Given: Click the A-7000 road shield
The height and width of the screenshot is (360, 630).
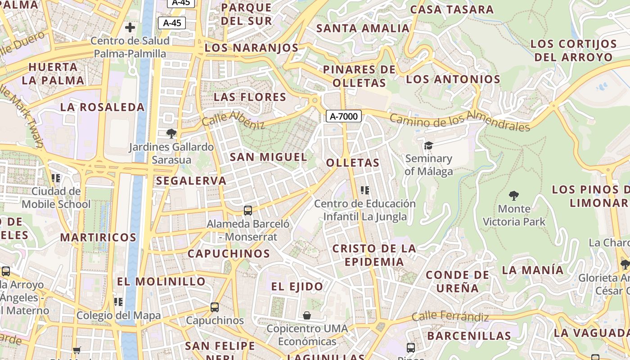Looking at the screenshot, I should pyautogui.click(x=344, y=117).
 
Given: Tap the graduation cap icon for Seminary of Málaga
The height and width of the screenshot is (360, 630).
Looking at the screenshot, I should pyautogui.click(x=428, y=145).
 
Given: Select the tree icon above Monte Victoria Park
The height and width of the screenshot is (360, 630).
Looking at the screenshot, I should pyautogui.click(x=513, y=196).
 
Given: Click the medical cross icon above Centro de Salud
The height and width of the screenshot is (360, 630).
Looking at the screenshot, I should pyautogui.click(x=130, y=27).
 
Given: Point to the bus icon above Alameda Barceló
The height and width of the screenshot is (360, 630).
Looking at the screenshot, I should pyautogui.click(x=247, y=210).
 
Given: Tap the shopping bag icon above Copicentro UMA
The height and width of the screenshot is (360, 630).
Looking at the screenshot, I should pyautogui.click(x=307, y=315).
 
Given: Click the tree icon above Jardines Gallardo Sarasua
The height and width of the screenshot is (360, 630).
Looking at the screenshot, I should pyautogui.click(x=171, y=133).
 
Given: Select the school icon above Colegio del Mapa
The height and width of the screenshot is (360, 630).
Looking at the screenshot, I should pyautogui.click(x=118, y=301).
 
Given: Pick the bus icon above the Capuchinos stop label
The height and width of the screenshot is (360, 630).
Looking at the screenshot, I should pyautogui.click(x=215, y=307).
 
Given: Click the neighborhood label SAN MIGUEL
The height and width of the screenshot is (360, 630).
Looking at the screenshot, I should pyautogui.click(x=269, y=157).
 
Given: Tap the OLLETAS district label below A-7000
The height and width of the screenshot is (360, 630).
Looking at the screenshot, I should pyautogui.click(x=353, y=162).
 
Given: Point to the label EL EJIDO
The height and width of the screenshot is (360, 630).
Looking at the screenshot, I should pyautogui.click(x=297, y=286).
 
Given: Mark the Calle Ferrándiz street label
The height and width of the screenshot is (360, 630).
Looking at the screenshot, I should pyautogui.click(x=450, y=317).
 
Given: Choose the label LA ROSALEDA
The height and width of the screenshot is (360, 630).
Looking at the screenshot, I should pyautogui.click(x=103, y=107).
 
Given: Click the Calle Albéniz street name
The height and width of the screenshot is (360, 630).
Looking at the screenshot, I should pyautogui.click(x=233, y=119).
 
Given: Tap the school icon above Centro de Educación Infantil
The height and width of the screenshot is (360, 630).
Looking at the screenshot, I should pyautogui.click(x=365, y=190).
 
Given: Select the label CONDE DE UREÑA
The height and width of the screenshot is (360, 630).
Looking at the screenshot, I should pyautogui.click(x=457, y=281).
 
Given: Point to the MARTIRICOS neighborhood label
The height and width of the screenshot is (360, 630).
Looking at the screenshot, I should pyautogui.click(x=98, y=237).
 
